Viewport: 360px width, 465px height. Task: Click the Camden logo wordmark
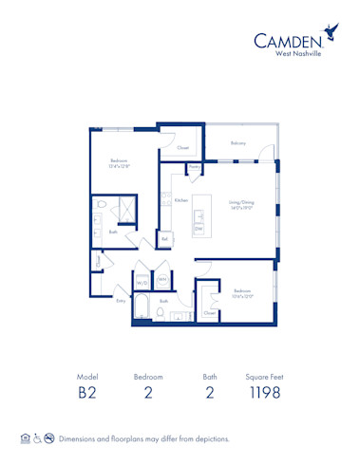pos(286,40)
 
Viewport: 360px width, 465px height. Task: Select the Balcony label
pos(237,144)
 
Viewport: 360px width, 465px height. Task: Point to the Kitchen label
pos(180,200)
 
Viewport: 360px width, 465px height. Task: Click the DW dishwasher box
pos(199,229)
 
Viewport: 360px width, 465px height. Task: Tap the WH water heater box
pos(162,280)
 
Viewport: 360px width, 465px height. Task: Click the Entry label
pos(121,301)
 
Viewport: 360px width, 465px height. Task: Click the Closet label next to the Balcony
pos(182,148)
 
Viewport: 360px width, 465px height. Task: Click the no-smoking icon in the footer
pos(48,438)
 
